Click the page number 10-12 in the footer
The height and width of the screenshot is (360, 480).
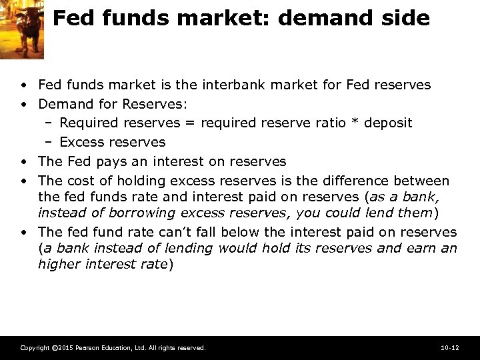(x=450, y=348)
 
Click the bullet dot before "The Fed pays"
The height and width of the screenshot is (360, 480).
(x=24, y=162)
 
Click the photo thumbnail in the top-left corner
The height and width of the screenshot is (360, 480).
(x=22, y=29)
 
